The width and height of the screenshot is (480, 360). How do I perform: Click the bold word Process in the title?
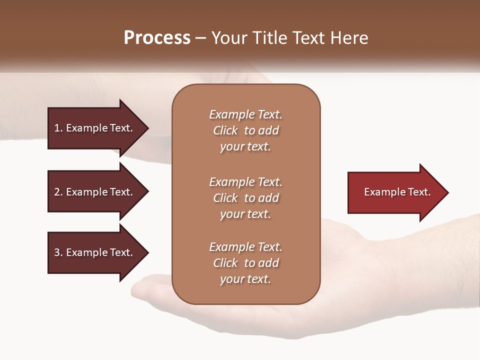(x=157, y=38)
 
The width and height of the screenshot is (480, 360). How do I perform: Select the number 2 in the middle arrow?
(x=56, y=192)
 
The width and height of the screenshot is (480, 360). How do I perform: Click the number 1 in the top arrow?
(x=56, y=128)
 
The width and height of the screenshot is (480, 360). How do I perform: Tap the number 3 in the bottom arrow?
(x=56, y=252)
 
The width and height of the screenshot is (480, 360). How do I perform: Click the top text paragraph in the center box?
(x=245, y=130)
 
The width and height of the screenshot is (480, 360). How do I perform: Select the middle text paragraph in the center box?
(x=245, y=198)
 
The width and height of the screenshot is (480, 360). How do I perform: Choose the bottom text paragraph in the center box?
(x=245, y=263)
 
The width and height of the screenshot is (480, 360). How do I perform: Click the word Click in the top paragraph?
(x=225, y=130)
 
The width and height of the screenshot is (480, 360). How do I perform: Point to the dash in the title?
(x=201, y=38)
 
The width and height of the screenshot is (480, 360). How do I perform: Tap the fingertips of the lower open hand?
(x=142, y=287)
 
